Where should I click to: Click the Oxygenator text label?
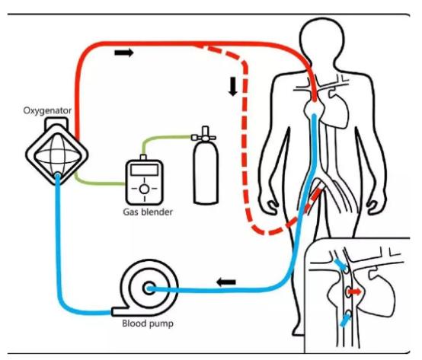point(47,111)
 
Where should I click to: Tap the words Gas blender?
point(148,212)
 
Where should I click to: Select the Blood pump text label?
point(148,323)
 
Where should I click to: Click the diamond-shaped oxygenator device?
point(57,153)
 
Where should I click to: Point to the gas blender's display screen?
point(144,170)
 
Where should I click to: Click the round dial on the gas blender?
point(144,189)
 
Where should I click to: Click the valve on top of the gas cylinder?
point(205,134)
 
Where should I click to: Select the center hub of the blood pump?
point(149,288)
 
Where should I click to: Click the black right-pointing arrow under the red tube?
point(124,53)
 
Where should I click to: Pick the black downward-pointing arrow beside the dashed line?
point(233,87)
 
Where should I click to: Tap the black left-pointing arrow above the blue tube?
point(226,282)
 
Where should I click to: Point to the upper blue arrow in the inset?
point(340,265)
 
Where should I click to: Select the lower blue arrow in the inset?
point(346,320)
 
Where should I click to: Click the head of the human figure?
point(322,40)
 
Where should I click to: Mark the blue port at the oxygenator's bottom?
point(57,176)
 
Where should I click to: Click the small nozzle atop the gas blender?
point(143,157)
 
